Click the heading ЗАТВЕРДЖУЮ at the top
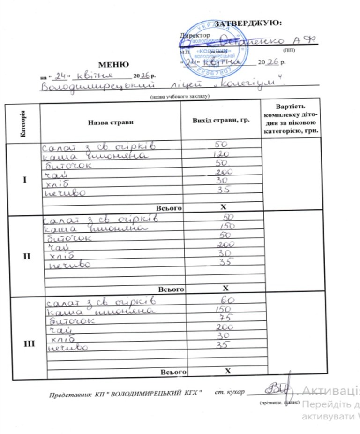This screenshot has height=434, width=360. (247, 23)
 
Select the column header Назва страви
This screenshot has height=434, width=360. (110, 122)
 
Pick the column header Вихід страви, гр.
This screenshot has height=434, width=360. (221, 120)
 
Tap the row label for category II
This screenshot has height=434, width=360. (26, 256)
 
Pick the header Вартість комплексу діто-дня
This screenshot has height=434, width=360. (292, 119)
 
